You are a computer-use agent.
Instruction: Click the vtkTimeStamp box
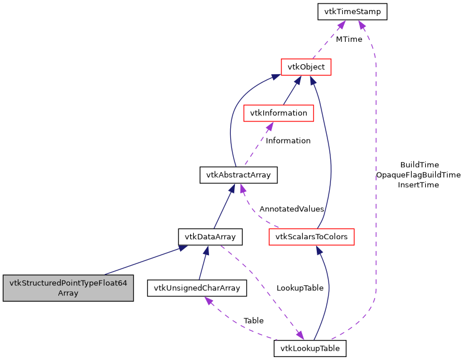tap(352, 11)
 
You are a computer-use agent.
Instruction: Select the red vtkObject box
tap(306, 67)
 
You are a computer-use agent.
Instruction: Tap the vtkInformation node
tap(279, 113)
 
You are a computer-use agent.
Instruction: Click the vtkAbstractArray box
tap(238, 175)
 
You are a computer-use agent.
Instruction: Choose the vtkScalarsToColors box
tap(311, 237)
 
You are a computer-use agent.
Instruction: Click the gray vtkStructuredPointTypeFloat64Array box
tap(68, 288)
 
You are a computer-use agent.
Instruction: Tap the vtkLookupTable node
tap(310, 348)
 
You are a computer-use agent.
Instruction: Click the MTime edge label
tap(349, 39)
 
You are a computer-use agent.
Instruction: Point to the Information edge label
tap(288, 140)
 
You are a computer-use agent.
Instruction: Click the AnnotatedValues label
tap(291, 209)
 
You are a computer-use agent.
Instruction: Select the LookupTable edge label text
tap(300, 288)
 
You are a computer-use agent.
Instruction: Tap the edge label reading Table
tap(253, 321)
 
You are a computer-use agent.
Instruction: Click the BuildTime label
tap(419, 164)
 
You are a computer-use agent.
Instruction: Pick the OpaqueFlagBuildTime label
tap(418, 174)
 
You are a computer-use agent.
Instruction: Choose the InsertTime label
tap(418, 184)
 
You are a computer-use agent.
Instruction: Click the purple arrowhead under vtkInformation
tap(269, 126)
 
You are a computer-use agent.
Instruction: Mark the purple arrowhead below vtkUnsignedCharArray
tap(207, 300)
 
